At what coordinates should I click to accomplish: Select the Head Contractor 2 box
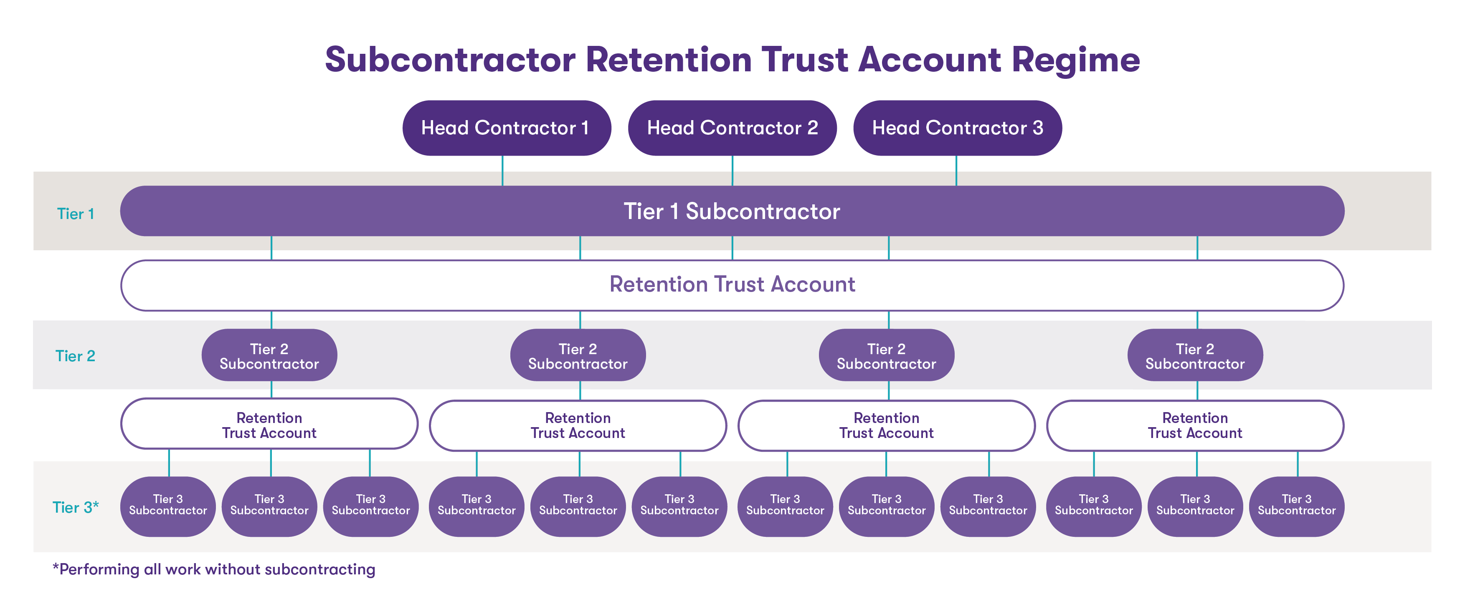732,128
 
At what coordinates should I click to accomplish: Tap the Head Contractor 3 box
957,128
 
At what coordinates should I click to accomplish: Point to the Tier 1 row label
75,214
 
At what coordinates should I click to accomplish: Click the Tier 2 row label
75,356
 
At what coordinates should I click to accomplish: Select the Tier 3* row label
75,507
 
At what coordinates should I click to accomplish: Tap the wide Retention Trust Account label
732,284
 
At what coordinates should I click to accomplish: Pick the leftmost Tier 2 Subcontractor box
269,356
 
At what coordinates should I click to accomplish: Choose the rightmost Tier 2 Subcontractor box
1195,356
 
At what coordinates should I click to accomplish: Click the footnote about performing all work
214,569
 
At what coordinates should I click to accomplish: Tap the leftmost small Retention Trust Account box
269,425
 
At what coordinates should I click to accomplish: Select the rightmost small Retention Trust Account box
1195,425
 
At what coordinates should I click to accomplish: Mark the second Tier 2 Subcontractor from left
578,356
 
